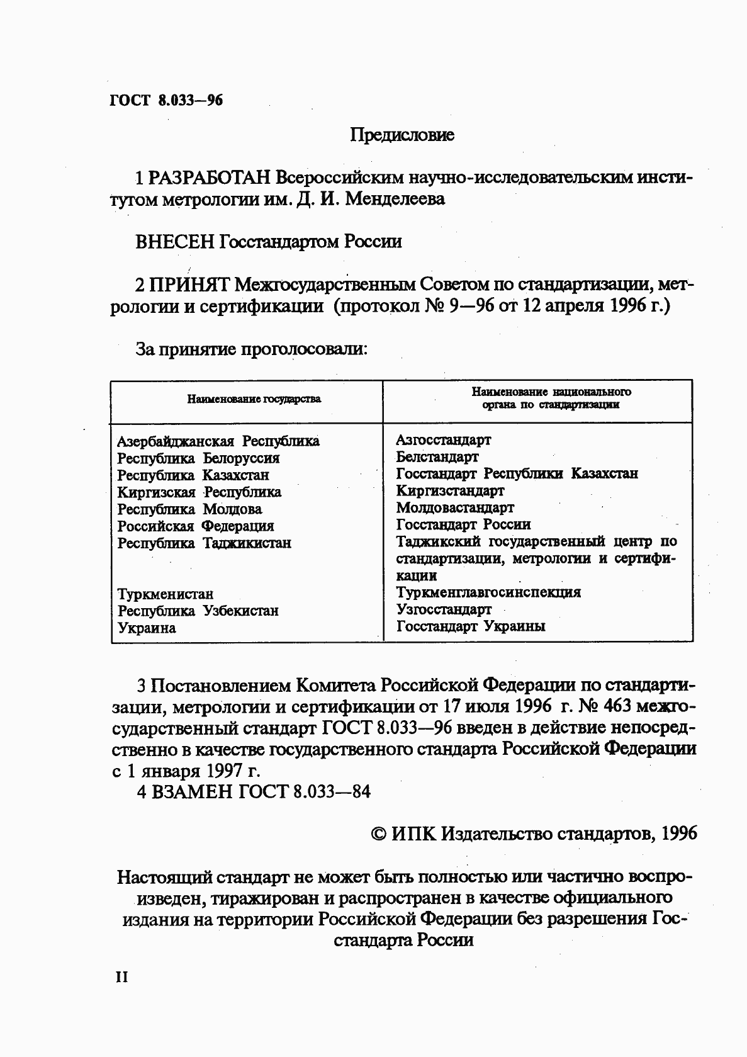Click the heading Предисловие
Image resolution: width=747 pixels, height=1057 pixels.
pos(402,135)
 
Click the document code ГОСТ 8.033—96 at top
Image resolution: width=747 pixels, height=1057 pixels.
pos(166,101)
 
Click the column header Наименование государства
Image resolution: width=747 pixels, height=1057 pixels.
pos(254,399)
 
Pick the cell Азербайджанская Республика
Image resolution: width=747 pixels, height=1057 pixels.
pos(218,441)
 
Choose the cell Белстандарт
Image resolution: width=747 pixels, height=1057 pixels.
pos(437,457)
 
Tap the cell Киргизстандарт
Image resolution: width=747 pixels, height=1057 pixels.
pos(450,490)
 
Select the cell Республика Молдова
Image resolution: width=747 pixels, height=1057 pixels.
pos(189,509)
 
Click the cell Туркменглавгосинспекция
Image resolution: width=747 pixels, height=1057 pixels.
pos(488,592)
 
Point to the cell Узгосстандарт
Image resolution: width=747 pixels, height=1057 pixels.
pos(444,609)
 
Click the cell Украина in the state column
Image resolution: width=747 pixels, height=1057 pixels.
pos(147,628)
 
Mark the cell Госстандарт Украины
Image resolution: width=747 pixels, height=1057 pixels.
pos(471,626)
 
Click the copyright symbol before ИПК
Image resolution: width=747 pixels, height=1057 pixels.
pos(379,834)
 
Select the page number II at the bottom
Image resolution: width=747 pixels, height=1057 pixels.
pos(121,977)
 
